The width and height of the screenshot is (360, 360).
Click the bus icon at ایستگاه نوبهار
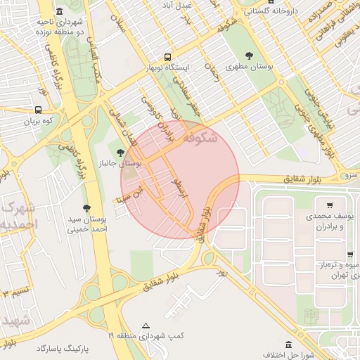(x=168, y=56)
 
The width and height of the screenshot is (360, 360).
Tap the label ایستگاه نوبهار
(x=168, y=67)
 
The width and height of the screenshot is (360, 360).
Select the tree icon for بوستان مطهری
(x=247, y=56)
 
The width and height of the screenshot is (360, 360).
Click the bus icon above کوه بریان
(x=37, y=110)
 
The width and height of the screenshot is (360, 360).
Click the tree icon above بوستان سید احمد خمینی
(x=86, y=207)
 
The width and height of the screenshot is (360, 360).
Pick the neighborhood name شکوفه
(x=210, y=139)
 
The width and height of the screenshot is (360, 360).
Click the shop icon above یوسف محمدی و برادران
(x=330, y=205)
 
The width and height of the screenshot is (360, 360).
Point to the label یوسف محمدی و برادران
(x=330, y=221)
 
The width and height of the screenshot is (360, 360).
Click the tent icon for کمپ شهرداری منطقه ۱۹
(x=146, y=326)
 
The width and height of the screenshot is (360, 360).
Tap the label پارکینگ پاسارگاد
(x=65, y=348)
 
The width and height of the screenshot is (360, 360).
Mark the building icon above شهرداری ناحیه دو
(x=58, y=12)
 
